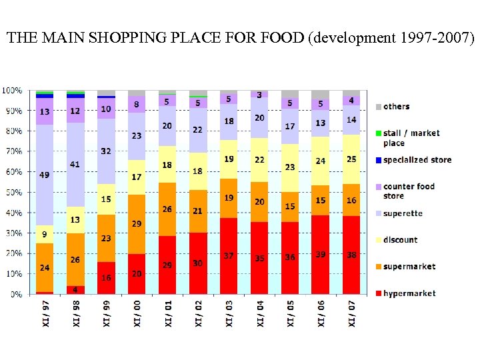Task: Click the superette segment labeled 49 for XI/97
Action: point(45,175)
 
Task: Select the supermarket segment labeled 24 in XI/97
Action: point(45,268)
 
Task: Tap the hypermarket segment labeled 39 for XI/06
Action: point(321,255)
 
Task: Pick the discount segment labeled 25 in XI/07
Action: point(351,159)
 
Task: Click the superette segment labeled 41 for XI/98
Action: point(75,165)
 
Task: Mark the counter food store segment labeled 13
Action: point(45,111)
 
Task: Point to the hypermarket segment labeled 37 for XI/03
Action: point(229,256)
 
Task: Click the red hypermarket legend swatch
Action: point(378,293)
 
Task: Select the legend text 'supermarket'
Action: point(409,267)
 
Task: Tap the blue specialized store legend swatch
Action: point(378,160)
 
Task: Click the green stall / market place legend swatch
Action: point(378,133)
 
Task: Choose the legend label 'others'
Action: point(397,107)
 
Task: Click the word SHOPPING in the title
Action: point(123,38)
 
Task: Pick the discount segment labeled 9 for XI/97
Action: point(45,234)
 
